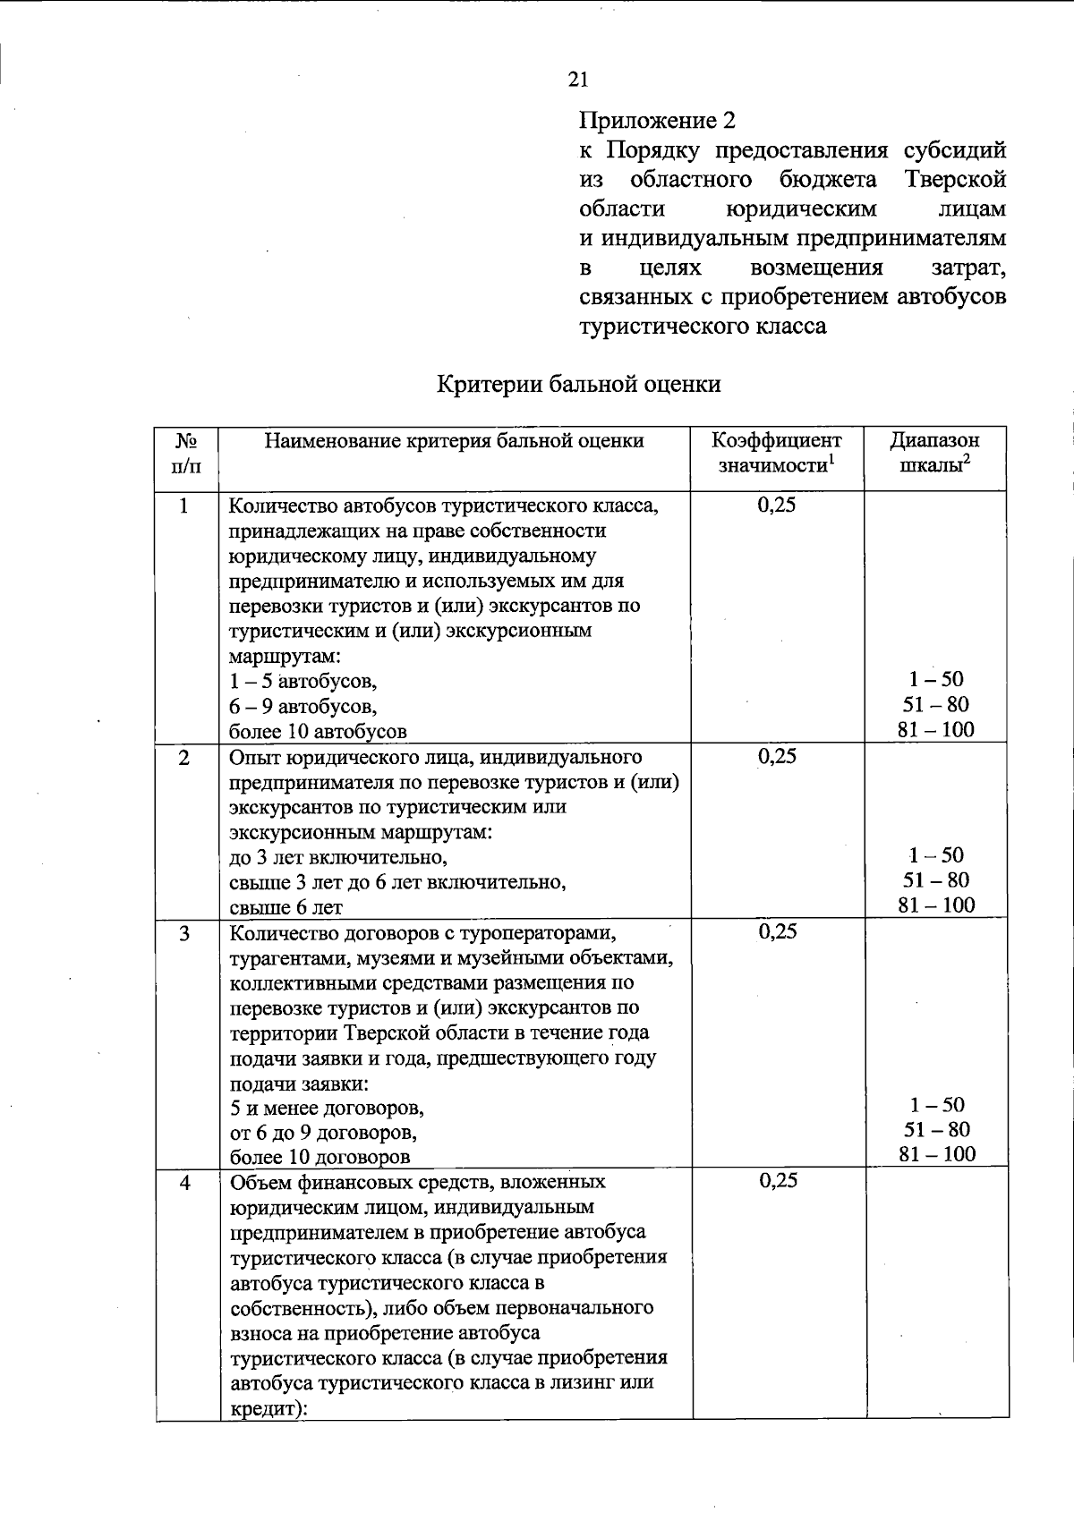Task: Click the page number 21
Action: tap(578, 80)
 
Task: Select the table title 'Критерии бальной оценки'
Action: tap(578, 384)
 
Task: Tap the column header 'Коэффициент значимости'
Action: tap(776, 453)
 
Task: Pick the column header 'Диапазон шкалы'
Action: tap(934, 453)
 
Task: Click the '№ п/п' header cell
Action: tap(185, 453)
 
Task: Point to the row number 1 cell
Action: tap(184, 506)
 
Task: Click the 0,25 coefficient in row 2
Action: tap(776, 757)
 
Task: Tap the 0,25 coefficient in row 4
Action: tap(777, 1181)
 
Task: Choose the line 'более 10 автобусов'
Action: tap(318, 731)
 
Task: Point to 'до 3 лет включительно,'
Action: tap(338, 857)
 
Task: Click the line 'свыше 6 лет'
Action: tap(286, 907)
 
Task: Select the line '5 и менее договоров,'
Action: tap(327, 1108)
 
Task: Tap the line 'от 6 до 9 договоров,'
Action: tap(323, 1133)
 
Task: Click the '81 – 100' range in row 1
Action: tap(936, 730)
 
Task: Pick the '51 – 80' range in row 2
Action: tap(936, 880)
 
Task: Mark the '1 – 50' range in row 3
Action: tap(936, 1105)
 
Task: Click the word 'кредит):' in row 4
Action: tap(268, 1408)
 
